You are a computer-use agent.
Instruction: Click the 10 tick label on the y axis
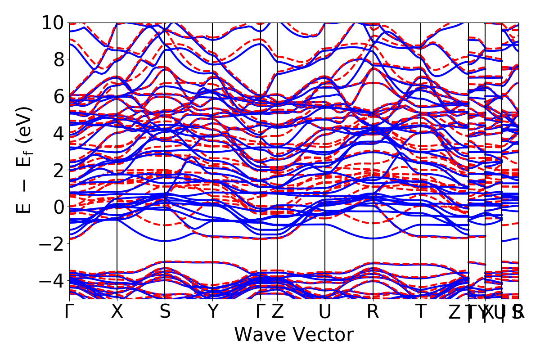pos(53,22)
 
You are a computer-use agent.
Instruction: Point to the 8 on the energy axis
pos(58,59)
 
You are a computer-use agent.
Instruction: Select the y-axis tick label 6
pos(58,96)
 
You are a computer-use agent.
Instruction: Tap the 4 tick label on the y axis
pos(58,133)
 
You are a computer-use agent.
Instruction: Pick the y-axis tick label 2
pos(58,170)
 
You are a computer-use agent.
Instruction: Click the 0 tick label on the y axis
pos(58,207)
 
